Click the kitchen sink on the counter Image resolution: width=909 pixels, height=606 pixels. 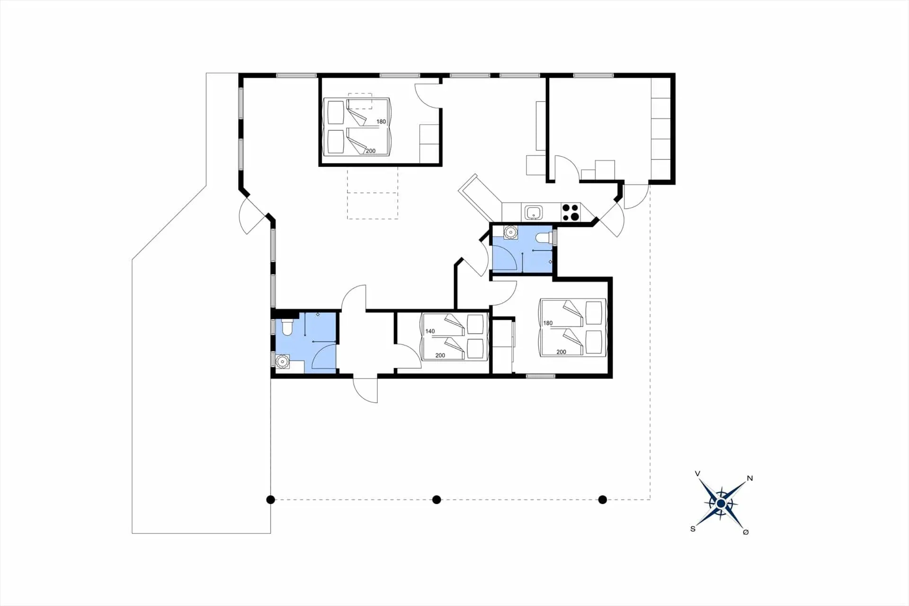click(x=534, y=212)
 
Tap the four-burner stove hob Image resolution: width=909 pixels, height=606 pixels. click(x=570, y=212)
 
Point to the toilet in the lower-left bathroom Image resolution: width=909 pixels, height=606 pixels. click(x=287, y=328)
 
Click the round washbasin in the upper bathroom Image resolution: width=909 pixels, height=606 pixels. click(x=510, y=232)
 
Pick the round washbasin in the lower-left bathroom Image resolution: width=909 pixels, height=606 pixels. click(x=283, y=362)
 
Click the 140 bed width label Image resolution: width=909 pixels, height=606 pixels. click(x=430, y=331)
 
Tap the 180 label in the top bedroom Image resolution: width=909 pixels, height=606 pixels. click(x=381, y=122)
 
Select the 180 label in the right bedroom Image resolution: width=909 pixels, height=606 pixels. click(x=548, y=323)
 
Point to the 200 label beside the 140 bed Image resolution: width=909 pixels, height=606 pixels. click(x=440, y=355)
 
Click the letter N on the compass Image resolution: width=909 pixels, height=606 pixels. click(x=749, y=478)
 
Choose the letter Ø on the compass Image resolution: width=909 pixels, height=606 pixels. click(x=746, y=532)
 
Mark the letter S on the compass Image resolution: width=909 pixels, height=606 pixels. click(x=693, y=529)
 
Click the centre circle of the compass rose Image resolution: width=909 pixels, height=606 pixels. click(x=721, y=503)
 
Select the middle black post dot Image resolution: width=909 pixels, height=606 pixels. click(x=437, y=499)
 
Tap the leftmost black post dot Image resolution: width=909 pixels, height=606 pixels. click(x=270, y=499)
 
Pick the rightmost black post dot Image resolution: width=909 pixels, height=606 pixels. click(x=602, y=499)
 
